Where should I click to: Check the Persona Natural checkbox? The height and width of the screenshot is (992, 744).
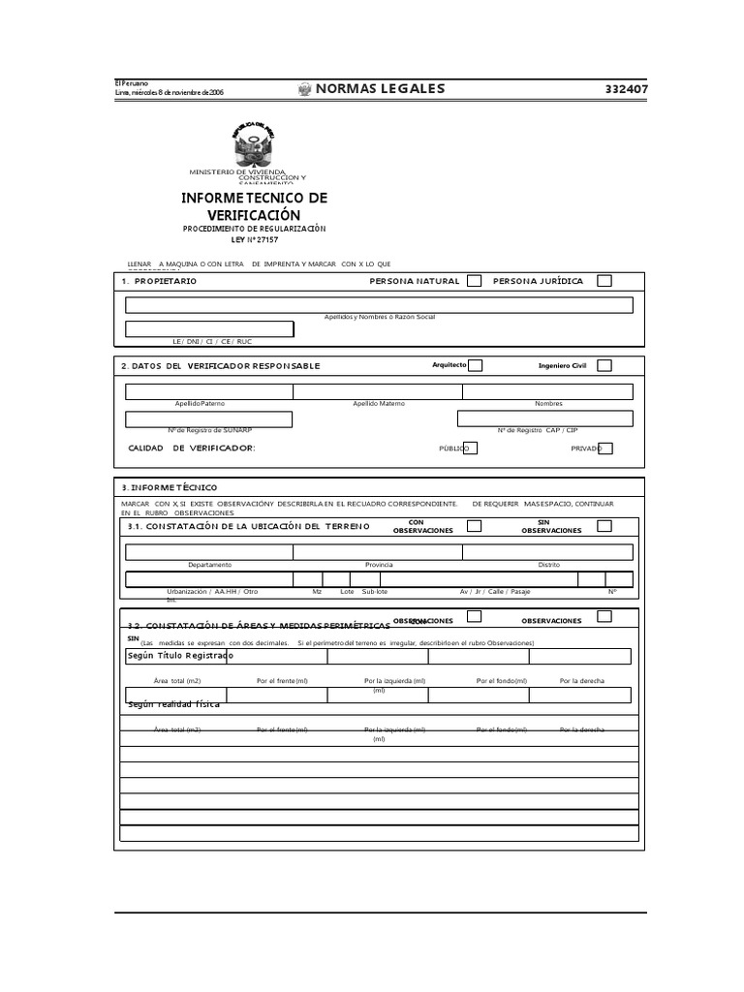[474, 281]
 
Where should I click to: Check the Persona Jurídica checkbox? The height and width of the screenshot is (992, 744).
[604, 281]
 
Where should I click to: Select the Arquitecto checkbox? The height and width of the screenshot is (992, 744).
[475, 365]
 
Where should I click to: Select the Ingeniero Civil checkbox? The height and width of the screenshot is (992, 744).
[604, 365]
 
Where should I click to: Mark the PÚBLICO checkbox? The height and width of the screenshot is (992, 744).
[470, 449]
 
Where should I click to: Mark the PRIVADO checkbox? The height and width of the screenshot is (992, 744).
[605, 449]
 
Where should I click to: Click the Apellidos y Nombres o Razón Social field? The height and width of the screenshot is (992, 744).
[379, 305]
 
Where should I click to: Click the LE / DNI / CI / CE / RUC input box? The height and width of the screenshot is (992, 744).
[209, 330]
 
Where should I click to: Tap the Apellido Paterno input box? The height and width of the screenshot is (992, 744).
[208, 391]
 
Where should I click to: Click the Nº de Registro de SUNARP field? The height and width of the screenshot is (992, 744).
[208, 418]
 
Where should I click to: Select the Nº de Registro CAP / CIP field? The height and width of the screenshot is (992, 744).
[545, 418]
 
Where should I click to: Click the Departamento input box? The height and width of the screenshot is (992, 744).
[208, 552]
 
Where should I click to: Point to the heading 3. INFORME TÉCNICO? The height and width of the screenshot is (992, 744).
[170, 487]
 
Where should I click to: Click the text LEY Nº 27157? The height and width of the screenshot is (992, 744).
[255, 238]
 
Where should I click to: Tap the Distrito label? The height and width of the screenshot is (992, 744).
[548, 565]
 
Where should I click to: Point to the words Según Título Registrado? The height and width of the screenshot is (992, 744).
[180, 656]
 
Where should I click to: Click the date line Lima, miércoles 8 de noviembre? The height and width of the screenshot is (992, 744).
[170, 92]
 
